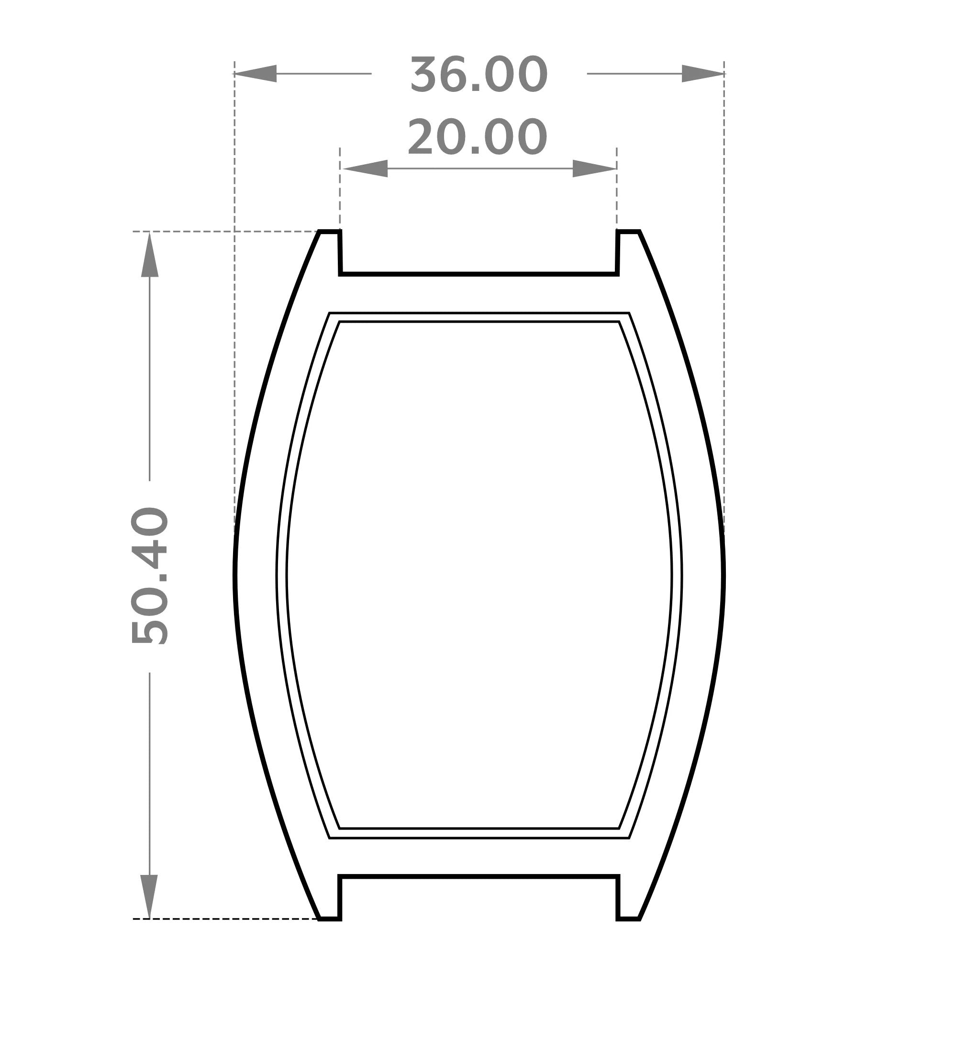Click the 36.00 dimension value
click(479, 75)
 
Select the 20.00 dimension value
click(477, 137)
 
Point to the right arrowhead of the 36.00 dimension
click(703, 74)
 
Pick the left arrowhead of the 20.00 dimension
click(365, 168)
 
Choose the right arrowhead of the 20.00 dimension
click(595, 168)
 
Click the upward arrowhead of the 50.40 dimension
click(150, 254)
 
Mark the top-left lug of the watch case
click(329, 252)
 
